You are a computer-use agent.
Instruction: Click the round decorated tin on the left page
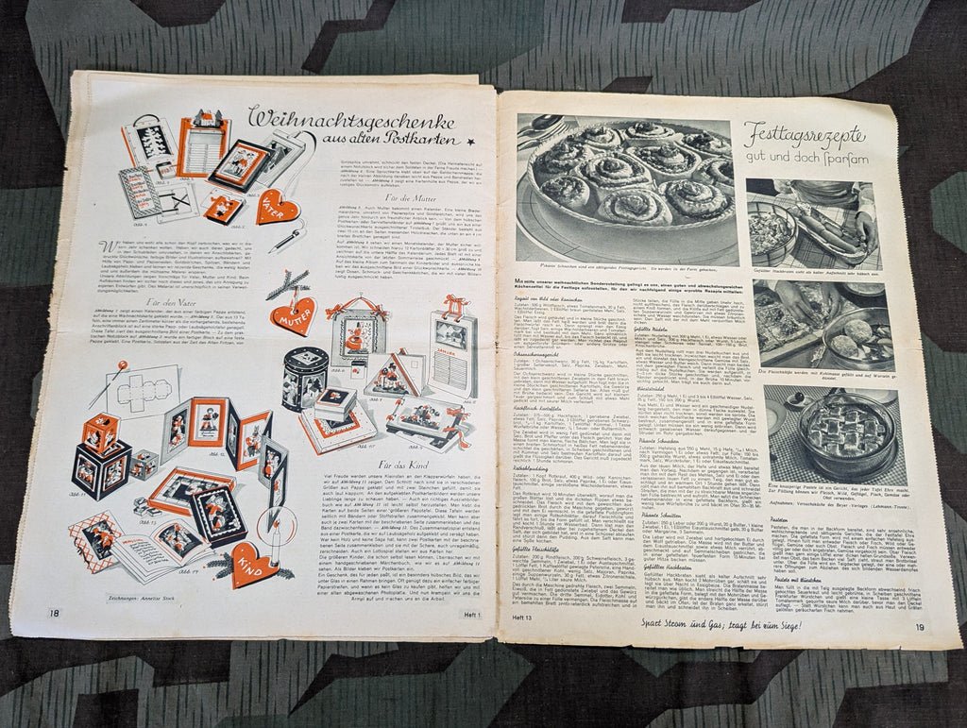click(305, 378)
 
